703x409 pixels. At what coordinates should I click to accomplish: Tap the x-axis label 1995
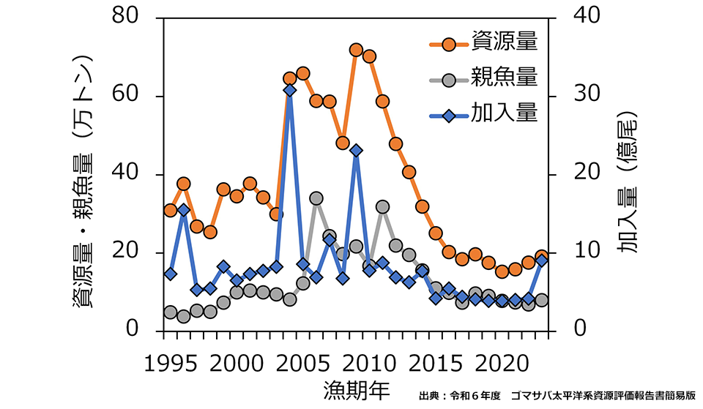pos(171,363)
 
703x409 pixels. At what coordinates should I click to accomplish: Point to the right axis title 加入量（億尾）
pos(627,183)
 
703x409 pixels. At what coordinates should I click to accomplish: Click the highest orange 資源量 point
pos(356,50)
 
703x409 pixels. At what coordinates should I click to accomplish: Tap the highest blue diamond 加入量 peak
pos(289,90)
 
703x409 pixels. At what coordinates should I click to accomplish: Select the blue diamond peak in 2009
pos(356,151)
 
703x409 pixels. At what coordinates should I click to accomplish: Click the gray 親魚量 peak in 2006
pos(316,198)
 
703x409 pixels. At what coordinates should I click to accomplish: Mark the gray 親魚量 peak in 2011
pos(382,207)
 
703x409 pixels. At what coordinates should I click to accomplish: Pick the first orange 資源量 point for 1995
pos(171,210)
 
